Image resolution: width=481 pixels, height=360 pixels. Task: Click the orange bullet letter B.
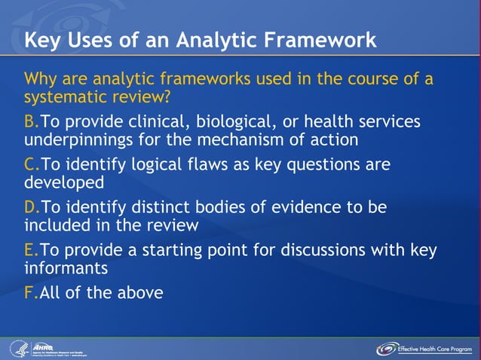[31, 122]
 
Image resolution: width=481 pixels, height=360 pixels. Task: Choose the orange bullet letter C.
[31, 164]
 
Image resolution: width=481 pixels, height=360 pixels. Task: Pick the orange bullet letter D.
[31, 207]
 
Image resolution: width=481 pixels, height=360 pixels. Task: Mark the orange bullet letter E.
[30, 249]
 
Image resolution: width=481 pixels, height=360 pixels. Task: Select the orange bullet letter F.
[29, 292]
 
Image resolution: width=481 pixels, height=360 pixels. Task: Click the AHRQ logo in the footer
[45, 349]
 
